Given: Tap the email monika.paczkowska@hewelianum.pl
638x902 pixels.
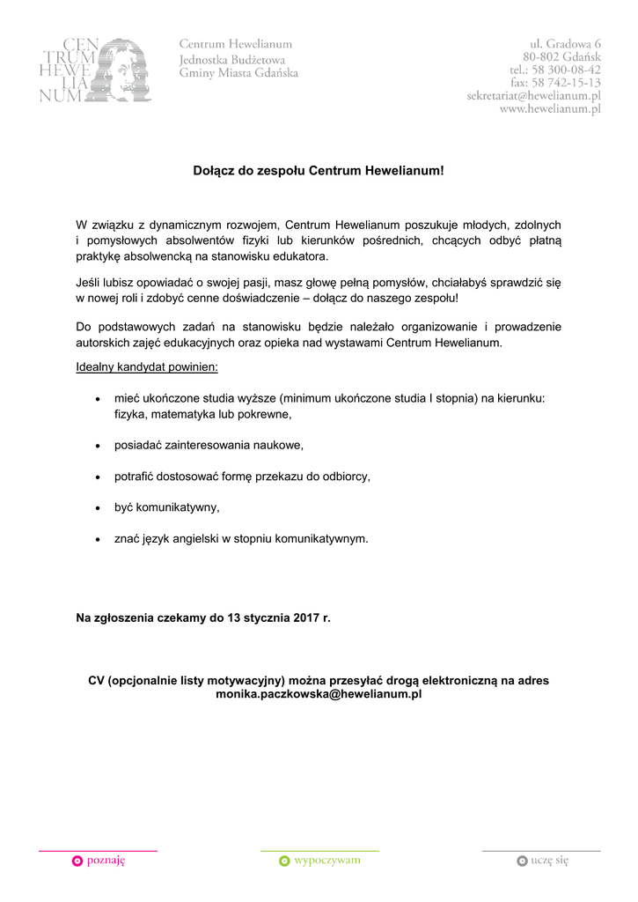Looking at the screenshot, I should click(319, 694).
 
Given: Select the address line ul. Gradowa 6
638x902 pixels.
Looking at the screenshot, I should click(565, 43).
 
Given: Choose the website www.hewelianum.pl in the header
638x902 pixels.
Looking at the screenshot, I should click(550, 109).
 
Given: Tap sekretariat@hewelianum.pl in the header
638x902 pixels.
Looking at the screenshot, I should click(533, 96).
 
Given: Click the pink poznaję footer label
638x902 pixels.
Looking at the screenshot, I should click(106, 861).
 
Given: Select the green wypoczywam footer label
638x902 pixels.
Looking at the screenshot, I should click(326, 861).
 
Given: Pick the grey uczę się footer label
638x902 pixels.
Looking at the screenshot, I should click(549, 861).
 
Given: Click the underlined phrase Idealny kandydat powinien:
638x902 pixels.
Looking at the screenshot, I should click(147, 366).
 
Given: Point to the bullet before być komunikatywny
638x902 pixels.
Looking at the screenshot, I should click(97, 508).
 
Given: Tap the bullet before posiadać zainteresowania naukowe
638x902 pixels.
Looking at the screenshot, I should click(97, 446).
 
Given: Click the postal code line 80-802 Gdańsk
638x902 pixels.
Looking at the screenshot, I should click(561, 56).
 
